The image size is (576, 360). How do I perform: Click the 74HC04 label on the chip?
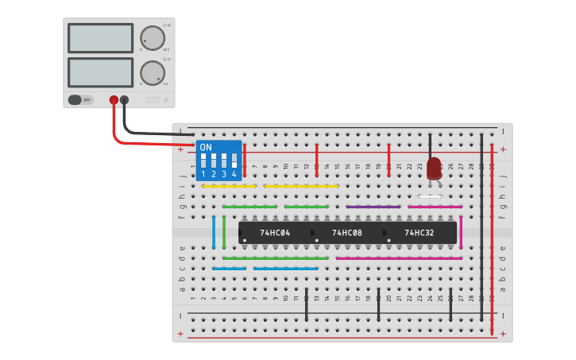[x=275, y=233]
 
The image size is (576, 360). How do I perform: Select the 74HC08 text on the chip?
[x=346, y=233]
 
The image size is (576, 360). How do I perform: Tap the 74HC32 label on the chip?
[x=419, y=233]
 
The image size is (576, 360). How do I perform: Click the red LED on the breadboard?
[x=434, y=168]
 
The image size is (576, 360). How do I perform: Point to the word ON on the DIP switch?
[x=206, y=148]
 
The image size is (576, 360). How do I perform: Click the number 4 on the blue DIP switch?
[x=234, y=173]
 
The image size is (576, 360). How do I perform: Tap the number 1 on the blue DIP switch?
[x=203, y=173]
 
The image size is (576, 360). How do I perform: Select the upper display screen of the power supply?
[x=101, y=38]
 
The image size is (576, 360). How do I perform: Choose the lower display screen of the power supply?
[x=101, y=72]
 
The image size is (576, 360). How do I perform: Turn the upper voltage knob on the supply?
[x=152, y=37]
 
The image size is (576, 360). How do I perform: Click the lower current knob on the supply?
[x=152, y=72]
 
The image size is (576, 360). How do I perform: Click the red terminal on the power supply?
[x=114, y=100]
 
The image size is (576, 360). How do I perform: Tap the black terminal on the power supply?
[x=124, y=100]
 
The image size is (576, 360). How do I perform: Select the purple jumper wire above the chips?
[x=373, y=207]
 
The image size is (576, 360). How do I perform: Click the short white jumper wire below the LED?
[x=430, y=196]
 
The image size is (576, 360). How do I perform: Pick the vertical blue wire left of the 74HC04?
[x=214, y=231]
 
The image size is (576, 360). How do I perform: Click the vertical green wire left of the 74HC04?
[x=224, y=231]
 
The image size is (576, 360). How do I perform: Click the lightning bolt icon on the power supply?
[x=165, y=100]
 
